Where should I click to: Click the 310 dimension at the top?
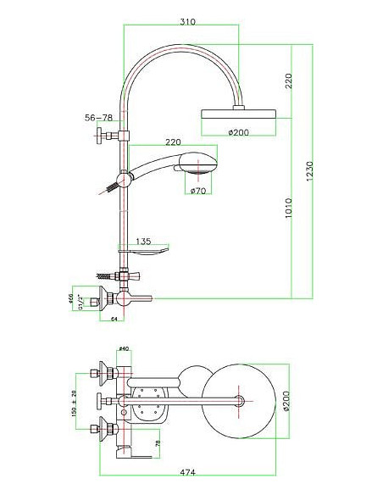click(x=181, y=19)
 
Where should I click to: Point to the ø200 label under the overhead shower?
click(x=240, y=132)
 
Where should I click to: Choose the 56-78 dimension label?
click(x=98, y=117)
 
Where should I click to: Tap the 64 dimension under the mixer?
click(x=113, y=319)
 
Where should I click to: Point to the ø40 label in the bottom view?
click(x=123, y=348)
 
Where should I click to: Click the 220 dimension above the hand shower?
click(x=174, y=142)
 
